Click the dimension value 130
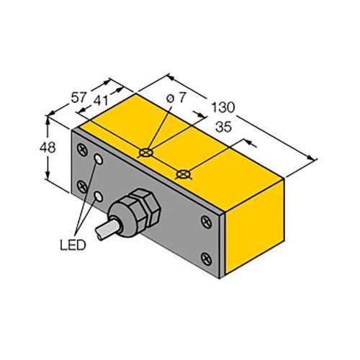click(223, 107)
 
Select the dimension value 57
click(78, 98)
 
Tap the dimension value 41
click(101, 101)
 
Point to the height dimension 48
click(48, 148)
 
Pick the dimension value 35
click(223, 127)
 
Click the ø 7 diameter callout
click(176, 98)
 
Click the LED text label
click(73, 245)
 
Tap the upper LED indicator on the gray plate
click(99, 159)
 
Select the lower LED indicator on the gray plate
click(99, 197)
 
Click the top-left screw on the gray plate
click(82, 150)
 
